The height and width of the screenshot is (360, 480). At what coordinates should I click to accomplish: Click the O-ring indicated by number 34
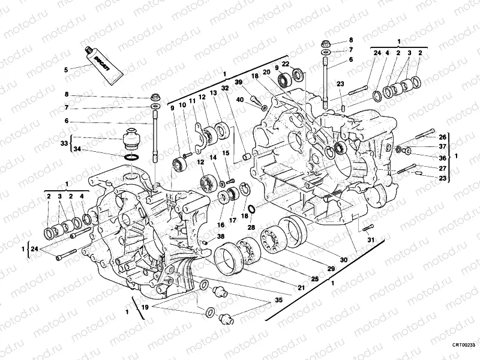click(133, 157)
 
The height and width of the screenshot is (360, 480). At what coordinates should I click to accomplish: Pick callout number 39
click(238, 82)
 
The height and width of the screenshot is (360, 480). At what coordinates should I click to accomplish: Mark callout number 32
click(224, 88)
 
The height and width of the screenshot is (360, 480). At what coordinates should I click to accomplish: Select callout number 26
click(443, 136)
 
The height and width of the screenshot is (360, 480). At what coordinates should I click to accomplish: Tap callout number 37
click(443, 146)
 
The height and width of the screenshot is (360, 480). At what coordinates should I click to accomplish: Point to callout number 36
click(443, 158)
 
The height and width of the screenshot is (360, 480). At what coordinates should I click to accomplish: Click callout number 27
click(443, 168)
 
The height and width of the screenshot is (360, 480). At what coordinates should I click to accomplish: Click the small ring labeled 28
click(252, 209)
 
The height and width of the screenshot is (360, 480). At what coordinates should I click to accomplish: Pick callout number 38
click(221, 236)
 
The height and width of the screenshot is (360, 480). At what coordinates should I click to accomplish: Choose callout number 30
click(343, 260)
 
